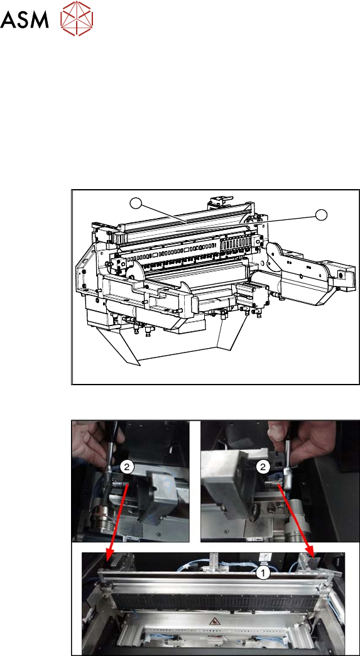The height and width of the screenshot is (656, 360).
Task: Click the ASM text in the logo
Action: point(25,19)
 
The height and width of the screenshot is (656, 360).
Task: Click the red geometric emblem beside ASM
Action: point(77,18)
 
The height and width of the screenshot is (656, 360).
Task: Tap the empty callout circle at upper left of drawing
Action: point(135,204)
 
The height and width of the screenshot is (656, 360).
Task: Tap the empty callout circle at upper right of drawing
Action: point(321,215)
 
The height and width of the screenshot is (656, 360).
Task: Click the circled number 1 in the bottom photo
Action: point(263,574)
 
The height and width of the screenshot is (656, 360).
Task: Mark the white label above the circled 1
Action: point(263,557)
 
